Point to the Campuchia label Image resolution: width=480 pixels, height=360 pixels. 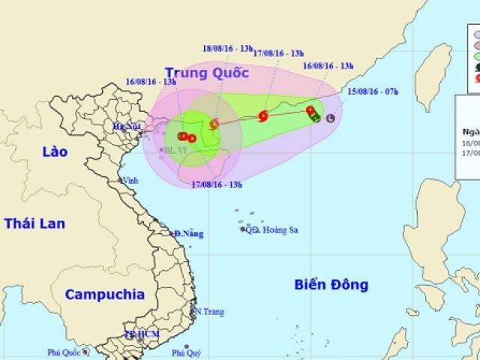coord(97,294)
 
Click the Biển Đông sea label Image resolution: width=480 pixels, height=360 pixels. coord(331,285)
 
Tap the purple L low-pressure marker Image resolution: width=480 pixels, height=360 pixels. coord(330,116)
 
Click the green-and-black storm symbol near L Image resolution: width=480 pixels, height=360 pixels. coord(316,116)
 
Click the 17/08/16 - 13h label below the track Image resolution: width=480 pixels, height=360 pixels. coord(217,184)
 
